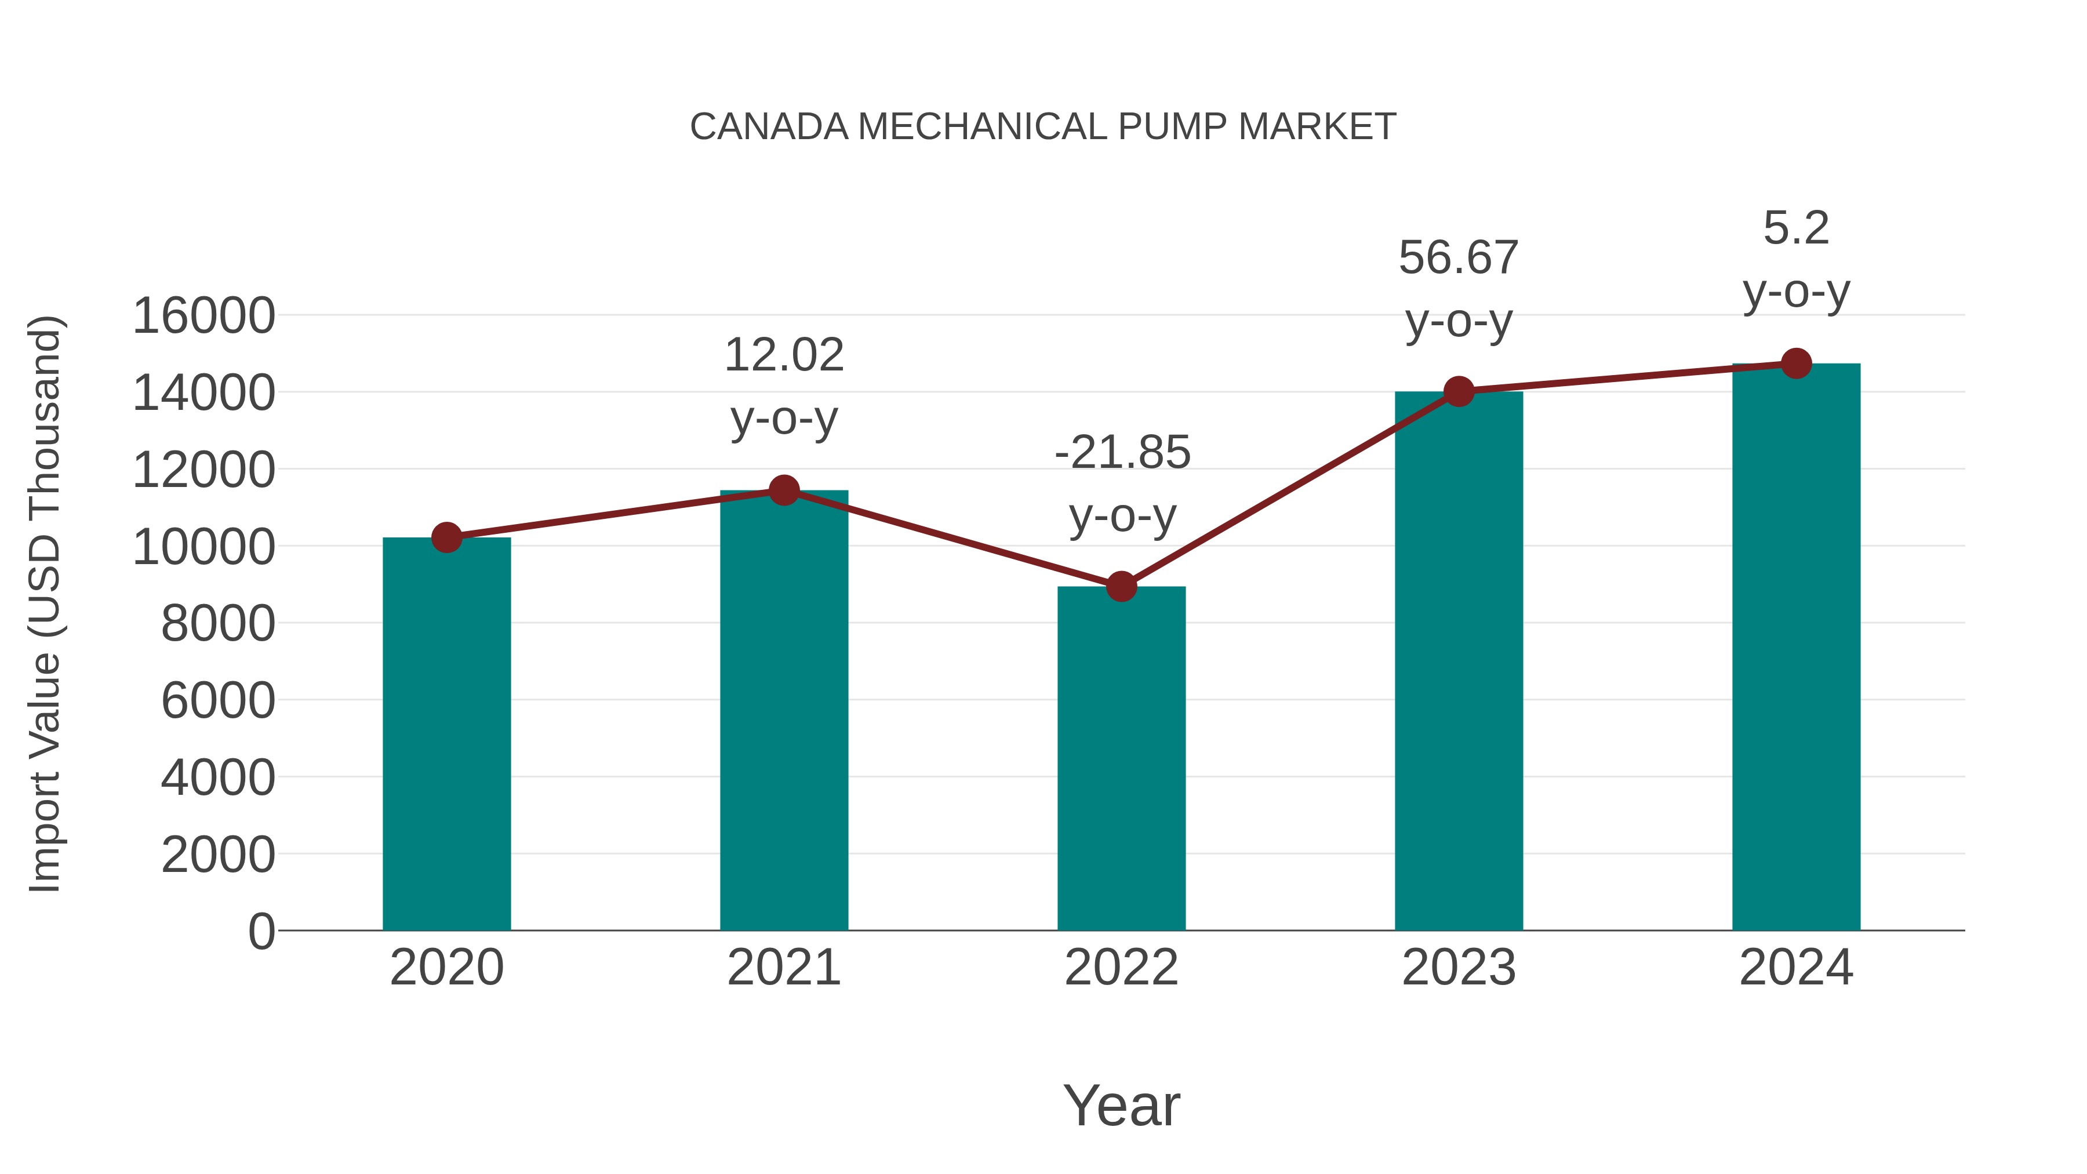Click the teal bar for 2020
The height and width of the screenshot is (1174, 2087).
[446, 733]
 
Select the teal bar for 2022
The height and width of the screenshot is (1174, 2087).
[1121, 758]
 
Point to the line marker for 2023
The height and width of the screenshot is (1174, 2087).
[1459, 392]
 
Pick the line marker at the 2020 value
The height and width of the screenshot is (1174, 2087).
[446, 537]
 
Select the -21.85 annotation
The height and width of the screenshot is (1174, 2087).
[1122, 452]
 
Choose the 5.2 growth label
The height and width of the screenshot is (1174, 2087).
[1796, 228]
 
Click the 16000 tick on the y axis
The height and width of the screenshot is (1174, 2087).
[203, 316]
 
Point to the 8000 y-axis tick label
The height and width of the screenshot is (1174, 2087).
[218, 624]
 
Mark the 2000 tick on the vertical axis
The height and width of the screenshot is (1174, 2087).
[218, 855]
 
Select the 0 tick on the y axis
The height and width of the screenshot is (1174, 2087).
[261, 932]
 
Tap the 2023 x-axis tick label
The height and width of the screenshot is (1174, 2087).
[1459, 968]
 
